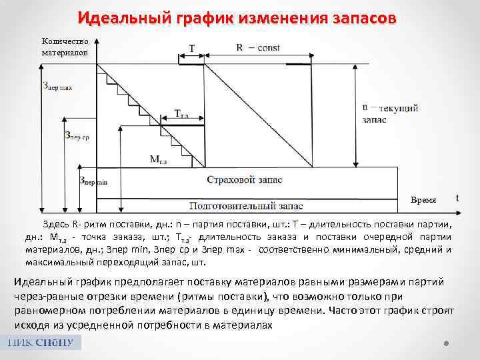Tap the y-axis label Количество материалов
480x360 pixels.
(x=65, y=46)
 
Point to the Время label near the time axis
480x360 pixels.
(x=424, y=199)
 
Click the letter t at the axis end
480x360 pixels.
(x=457, y=197)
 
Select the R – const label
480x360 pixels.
(x=258, y=47)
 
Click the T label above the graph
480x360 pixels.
(x=192, y=48)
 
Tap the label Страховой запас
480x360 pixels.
(x=244, y=180)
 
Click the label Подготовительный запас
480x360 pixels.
(x=245, y=205)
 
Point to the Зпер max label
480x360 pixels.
(x=57, y=87)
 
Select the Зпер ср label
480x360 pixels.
(x=77, y=135)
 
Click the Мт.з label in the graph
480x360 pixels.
(x=159, y=159)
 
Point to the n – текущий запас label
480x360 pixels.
(x=390, y=114)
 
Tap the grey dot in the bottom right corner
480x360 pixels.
(x=447, y=344)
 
